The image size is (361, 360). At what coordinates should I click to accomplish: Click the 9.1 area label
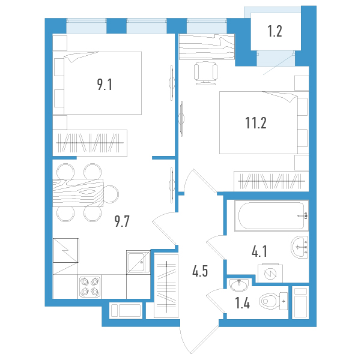pos(105,84)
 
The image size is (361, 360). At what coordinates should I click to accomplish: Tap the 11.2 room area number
pos(256,123)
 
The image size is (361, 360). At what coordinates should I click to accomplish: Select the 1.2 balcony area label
pos(275,31)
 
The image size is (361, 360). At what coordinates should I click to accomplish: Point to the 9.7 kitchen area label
pos(122,221)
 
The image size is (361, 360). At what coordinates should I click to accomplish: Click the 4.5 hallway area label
pos(200,271)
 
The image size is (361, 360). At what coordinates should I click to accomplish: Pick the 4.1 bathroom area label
pos(259,251)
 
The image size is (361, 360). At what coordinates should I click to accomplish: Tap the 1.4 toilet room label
pos(243,302)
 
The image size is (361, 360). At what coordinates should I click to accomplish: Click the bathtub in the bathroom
pos(272,215)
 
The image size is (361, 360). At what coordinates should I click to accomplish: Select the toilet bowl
pos(273,301)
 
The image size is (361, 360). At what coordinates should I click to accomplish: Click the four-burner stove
pos(90,287)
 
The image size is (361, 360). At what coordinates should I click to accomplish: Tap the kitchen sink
pos(138,262)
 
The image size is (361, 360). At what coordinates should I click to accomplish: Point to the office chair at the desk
pos(205,73)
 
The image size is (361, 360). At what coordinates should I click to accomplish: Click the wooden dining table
pos(78,193)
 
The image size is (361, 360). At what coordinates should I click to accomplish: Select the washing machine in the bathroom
pos(270,273)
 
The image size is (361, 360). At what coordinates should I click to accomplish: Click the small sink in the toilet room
pos(239,285)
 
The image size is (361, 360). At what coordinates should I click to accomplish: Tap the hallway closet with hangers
pos(166,286)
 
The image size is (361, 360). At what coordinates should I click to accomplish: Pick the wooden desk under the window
pos(207,47)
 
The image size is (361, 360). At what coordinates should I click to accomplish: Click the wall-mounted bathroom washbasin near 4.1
pos(300,247)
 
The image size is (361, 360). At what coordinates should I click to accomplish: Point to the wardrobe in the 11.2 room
pos(272,181)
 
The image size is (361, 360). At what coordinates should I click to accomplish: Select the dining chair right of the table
pos(111,194)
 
